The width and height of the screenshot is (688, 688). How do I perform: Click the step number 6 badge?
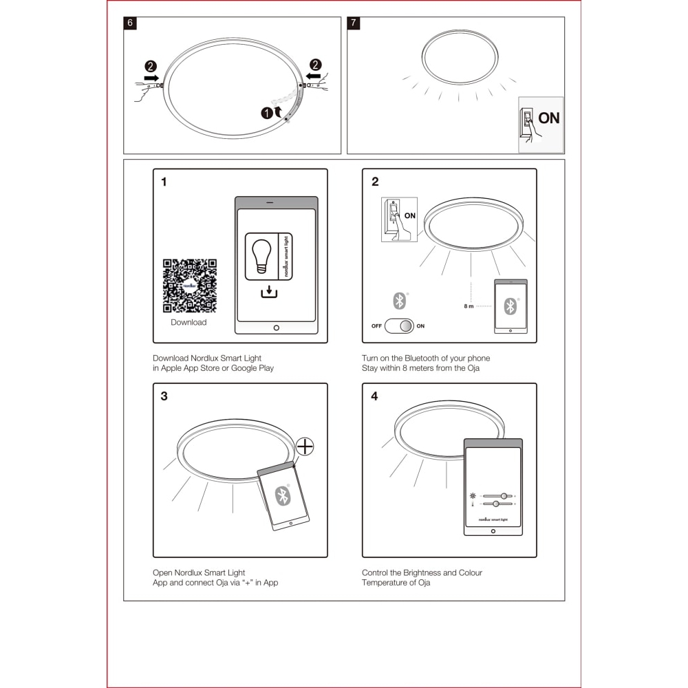click(x=130, y=23)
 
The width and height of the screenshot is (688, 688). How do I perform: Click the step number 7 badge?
click(x=354, y=23)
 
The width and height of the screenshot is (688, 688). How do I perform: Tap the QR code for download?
click(x=189, y=286)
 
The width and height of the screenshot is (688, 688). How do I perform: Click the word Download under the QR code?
click(x=189, y=322)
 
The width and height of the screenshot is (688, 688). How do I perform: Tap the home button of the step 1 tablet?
click(x=277, y=327)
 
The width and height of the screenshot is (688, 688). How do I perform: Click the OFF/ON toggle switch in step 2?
click(x=399, y=325)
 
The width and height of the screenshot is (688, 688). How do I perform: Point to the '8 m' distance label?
click(x=469, y=305)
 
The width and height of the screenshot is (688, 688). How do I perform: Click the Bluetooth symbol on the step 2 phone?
click(x=510, y=306)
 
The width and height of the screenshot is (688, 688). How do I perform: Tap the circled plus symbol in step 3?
click(x=304, y=447)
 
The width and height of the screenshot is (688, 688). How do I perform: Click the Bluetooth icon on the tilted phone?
click(x=281, y=495)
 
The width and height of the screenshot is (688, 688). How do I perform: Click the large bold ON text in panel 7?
click(x=549, y=118)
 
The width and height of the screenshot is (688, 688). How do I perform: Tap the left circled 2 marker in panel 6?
click(x=151, y=66)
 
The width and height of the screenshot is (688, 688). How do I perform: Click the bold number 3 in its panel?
click(x=164, y=396)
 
